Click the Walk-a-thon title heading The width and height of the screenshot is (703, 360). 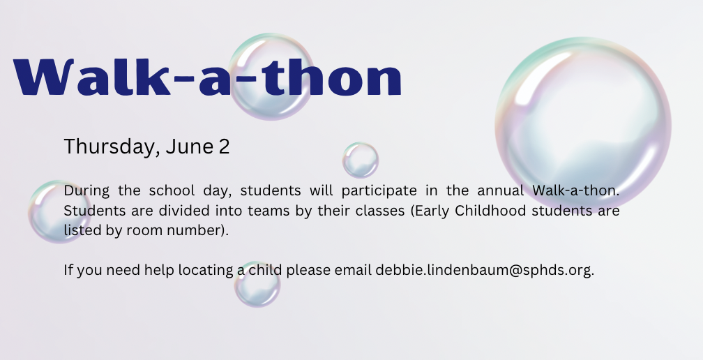tap(207, 77)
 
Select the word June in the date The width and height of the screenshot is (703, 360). tap(190, 147)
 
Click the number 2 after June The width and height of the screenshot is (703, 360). tap(224, 147)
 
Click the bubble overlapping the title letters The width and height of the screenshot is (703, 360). tap(271, 77)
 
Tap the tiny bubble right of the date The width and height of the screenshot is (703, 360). tap(361, 160)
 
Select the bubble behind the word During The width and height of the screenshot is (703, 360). tap(59, 212)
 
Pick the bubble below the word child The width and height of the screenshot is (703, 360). tap(257, 284)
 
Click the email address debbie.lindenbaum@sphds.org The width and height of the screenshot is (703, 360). tap(485, 270)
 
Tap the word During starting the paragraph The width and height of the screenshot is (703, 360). tap(86, 191)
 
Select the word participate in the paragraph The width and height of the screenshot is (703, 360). tap(379, 191)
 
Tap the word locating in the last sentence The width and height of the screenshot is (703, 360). tap(206, 270)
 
